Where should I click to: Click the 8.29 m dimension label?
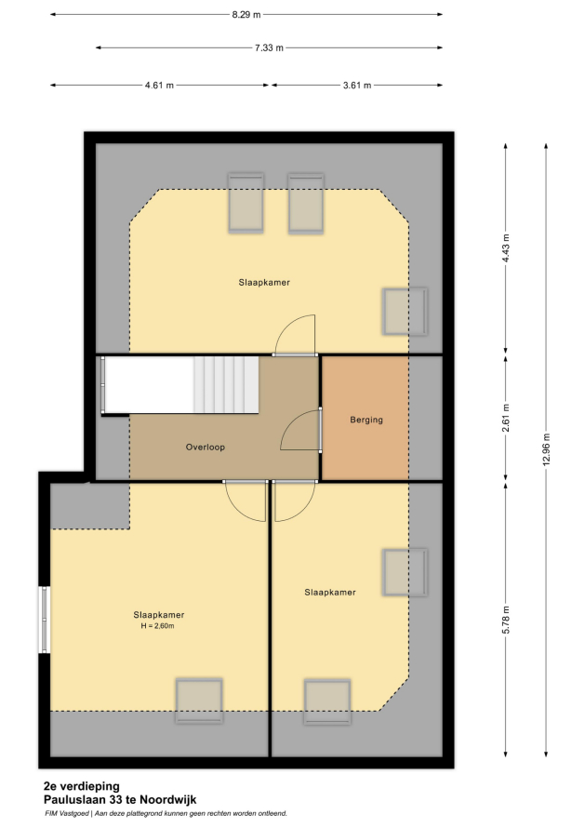click(x=246, y=15)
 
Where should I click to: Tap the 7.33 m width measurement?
click(x=269, y=48)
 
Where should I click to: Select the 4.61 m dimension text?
click(x=159, y=85)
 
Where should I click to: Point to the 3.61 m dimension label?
click(x=357, y=85)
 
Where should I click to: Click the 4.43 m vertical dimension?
click(x=506, y=248)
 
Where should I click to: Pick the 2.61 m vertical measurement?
click(x=506, y=418)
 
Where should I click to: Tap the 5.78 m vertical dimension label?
click(x=506, y=620)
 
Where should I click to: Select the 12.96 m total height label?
click(x=546, y=449)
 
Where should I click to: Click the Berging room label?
click(x=366, y=420)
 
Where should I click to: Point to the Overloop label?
click(x=206, y=447)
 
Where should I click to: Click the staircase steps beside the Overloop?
click(x=226, y=384)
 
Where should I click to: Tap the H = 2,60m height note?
click(x=157, y=626)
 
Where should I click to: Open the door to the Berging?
click(x=300, y=429)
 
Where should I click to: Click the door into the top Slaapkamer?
click(x=295, y=335)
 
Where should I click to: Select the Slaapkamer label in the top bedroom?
click(x=264, y=283)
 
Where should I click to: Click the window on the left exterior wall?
click(x=45, y=620)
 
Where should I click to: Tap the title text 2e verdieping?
click(x=81, y=787)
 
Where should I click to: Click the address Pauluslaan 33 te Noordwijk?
click(x=120, y=800)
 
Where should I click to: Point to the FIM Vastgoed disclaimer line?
click(x=166, y=814)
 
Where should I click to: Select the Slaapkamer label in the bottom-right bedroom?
click(x=330, y=593)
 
